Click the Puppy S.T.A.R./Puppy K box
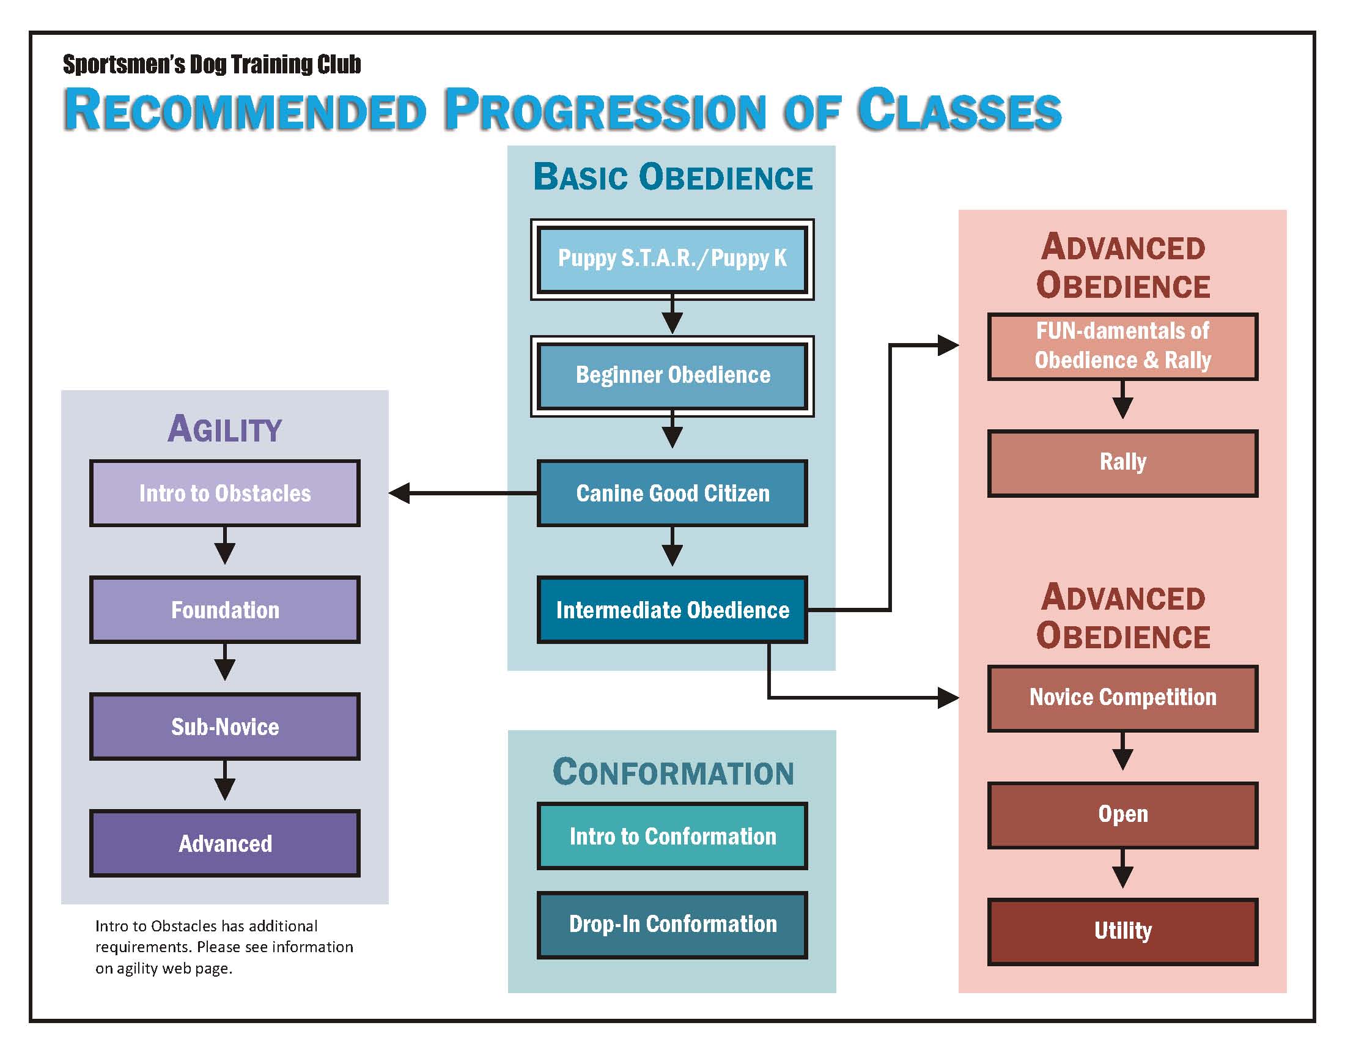pos(672,259)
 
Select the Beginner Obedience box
pos(672,375)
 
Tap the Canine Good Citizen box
pos(672,494)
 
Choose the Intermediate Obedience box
pos(672,610)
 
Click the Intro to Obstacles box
pos(225,494)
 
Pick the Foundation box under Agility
pos(225,610)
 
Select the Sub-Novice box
pos(225,726)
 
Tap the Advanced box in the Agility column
pos(225,844)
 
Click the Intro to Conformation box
pos(672,837)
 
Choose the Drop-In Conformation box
pos(672,925)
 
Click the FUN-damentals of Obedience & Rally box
pos(1122,346)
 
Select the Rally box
pos(1122,463)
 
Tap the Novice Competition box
pos(1122,698)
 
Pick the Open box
pos(1122,815)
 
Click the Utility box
pos(1122,931)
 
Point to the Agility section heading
pos(225,429)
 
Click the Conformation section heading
pos(673,772)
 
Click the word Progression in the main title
pos(606,111)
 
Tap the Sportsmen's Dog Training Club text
pos(212,65)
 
